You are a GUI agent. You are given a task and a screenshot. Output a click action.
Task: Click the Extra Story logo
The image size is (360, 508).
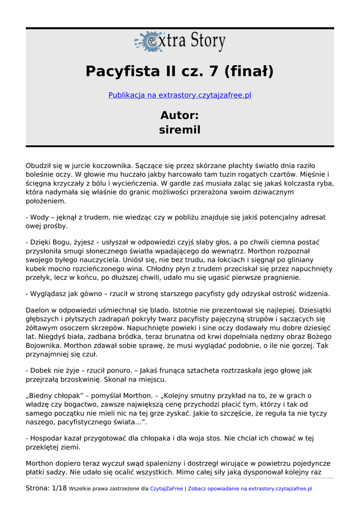[x=180, y=42]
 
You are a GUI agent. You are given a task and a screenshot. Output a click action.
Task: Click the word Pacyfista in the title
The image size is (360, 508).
[x=122, y=71]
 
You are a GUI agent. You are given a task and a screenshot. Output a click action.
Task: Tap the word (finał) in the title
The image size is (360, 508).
[x=248, y=71]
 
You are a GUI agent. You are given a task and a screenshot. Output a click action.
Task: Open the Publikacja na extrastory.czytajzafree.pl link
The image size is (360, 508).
[x=180, y=95]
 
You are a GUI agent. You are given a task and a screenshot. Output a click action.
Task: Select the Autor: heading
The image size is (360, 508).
[x=180, y=116]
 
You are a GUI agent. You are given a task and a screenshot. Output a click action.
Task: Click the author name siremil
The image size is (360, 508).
[x=180, y=130]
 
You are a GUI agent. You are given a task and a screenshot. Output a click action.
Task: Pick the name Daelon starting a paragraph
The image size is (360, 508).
[x=38, y=311]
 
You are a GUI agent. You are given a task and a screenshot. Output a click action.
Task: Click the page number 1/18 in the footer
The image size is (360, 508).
[x=59, y=489]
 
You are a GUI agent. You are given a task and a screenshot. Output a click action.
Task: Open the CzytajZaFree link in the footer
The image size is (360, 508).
[x=166, y=489]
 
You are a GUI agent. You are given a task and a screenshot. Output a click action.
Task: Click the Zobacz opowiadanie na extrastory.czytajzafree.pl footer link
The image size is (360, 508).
[x=250, y=489]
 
